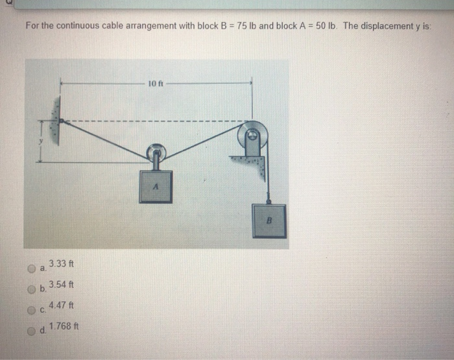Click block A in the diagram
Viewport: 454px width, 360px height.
tap(156, 186)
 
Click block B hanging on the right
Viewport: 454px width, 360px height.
tap(269, 221)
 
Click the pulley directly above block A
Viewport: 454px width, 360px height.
tap(156, 153)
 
